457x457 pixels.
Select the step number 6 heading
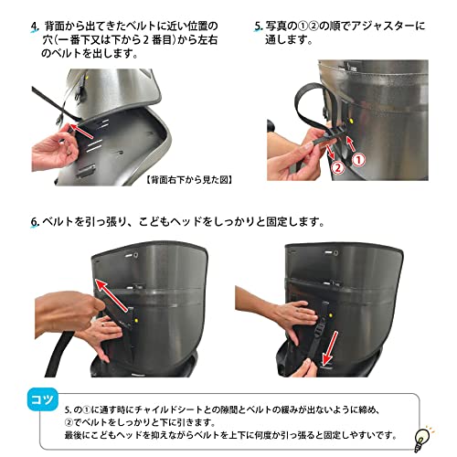pos(35,221)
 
